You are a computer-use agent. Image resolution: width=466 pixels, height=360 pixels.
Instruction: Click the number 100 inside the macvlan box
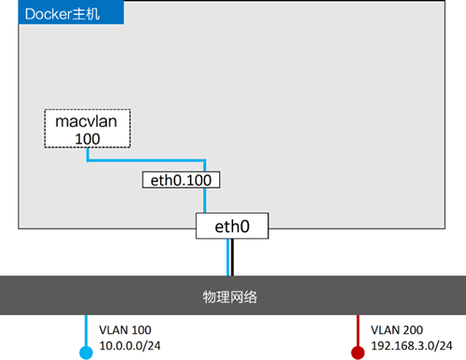tap(88, 139)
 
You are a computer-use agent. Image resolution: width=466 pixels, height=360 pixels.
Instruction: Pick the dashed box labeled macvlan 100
tap(88, 130)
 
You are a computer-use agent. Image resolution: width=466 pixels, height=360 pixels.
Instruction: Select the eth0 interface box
tap(233, 225)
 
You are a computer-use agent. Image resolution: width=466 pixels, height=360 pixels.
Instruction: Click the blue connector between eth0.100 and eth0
tap(205, 201)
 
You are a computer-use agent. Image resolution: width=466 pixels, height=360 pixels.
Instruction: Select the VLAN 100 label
tap(123, 330)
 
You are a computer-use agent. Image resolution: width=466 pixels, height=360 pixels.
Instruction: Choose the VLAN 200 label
tap(396, 330)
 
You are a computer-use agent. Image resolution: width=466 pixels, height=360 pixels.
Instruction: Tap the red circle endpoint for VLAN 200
tap(358, 352)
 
